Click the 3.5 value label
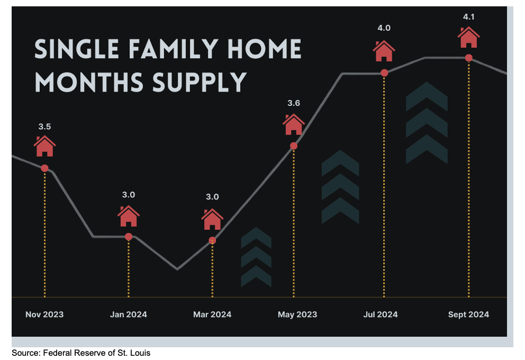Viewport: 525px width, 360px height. pos(44,127)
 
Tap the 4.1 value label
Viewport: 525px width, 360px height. pos(469,17)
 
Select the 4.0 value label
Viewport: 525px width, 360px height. pos(384,28)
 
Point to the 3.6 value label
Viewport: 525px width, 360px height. pos(294,103)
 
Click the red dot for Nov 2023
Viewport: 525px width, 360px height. pos(44,168)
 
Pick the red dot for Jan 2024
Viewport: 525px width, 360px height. pos(129,237)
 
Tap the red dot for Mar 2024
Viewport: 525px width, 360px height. pos(212,240)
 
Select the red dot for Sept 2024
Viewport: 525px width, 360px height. pos(469,58)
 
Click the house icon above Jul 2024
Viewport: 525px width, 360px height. pos(384,51)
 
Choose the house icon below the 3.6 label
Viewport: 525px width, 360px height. pos(294,124)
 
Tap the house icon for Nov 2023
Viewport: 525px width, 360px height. pos(44,146)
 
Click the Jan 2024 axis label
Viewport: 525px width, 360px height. pos(129,314)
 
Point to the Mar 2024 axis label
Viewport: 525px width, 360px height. pos(212,314)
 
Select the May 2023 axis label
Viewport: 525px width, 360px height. pos(297,314)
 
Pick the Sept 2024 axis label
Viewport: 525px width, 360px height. pos(469,314)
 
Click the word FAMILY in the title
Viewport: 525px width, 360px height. pos(174,49)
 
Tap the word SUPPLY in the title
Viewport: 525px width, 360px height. pos(200,83)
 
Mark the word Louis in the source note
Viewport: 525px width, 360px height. pos(141,353)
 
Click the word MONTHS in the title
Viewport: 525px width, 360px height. pos(89,83)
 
